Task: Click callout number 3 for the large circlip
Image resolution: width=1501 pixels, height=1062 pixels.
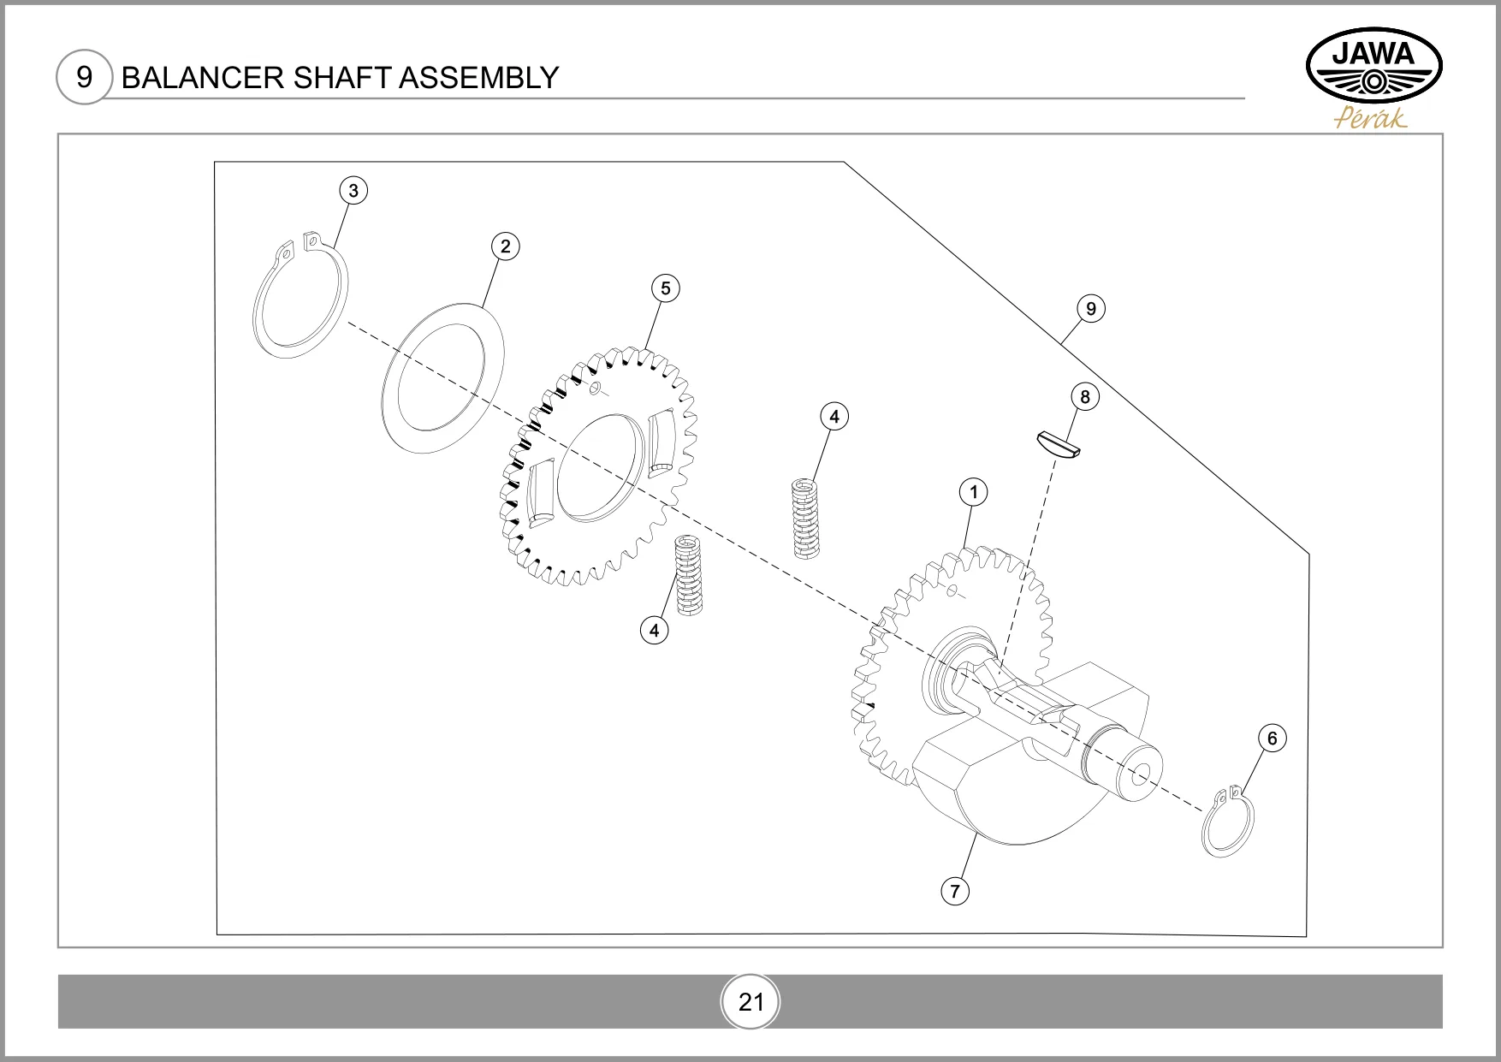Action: tap(353, 190)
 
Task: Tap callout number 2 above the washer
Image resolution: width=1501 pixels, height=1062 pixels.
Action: tap(505, 246)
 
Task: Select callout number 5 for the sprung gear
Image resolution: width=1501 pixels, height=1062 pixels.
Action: tap(665, 288)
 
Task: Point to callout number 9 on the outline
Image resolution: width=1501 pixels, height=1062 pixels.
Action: tap(1090, 308)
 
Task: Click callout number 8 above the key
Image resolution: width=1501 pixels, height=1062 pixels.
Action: tap(1085, 396)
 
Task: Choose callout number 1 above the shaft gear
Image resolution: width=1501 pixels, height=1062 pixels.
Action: tap(973, 492)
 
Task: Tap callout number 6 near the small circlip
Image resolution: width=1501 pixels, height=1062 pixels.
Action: tap(1272, 738)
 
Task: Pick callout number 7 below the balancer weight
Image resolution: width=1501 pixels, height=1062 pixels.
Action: tap(955, 891)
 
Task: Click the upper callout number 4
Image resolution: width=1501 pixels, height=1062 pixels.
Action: tap(834, 417)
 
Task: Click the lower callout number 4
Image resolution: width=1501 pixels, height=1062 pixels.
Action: tap(654, 631)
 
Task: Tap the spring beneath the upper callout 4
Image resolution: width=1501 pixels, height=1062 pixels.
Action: tap(804, 518)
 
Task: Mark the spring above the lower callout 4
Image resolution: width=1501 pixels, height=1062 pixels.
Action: tap(690, 575)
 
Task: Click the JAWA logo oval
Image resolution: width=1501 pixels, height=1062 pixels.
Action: tap(1374, 68)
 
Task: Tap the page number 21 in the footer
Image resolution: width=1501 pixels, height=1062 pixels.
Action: tap(750, 1001)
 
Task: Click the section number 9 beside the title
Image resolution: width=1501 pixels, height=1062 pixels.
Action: tap(84, 77)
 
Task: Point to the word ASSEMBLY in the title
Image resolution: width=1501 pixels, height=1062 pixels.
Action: tap(478, 78)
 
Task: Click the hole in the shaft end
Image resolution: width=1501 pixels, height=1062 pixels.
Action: tap(1140, 774)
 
